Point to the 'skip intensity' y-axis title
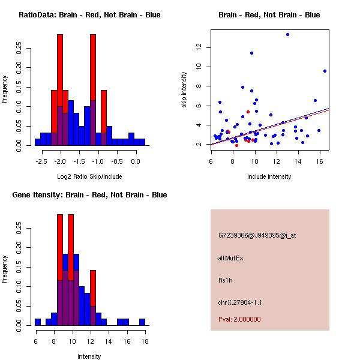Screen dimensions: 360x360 184,90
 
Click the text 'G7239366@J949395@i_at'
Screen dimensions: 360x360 257,235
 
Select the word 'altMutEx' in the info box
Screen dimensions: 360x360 231,258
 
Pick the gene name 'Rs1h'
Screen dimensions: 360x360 226,280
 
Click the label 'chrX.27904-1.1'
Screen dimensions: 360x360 240,302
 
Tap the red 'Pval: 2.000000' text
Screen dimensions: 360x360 239,319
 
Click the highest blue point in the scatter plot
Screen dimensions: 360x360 287,34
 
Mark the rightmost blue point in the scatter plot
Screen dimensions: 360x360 325,71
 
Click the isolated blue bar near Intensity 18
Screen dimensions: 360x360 142,322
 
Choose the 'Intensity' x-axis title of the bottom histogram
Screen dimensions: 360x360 89,356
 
